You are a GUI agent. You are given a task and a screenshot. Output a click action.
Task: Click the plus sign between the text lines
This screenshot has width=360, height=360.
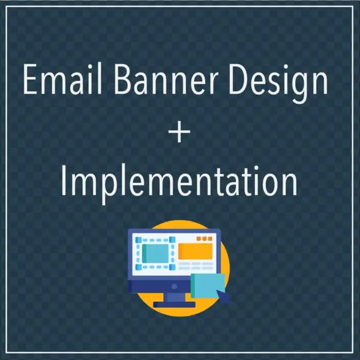179,133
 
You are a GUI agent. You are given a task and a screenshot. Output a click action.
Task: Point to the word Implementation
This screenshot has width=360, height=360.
179,182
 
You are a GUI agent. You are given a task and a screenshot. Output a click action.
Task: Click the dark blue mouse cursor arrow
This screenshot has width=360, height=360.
225,295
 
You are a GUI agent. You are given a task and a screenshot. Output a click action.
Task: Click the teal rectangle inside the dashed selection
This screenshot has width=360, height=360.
155,253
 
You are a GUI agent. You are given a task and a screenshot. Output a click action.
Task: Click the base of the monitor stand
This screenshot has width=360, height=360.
174,304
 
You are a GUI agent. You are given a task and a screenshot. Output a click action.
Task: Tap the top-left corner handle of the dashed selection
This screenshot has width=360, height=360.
139,240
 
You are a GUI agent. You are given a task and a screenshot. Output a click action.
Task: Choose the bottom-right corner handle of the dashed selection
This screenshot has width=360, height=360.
172,266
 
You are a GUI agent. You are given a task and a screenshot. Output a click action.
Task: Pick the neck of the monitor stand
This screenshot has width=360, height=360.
174,296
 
